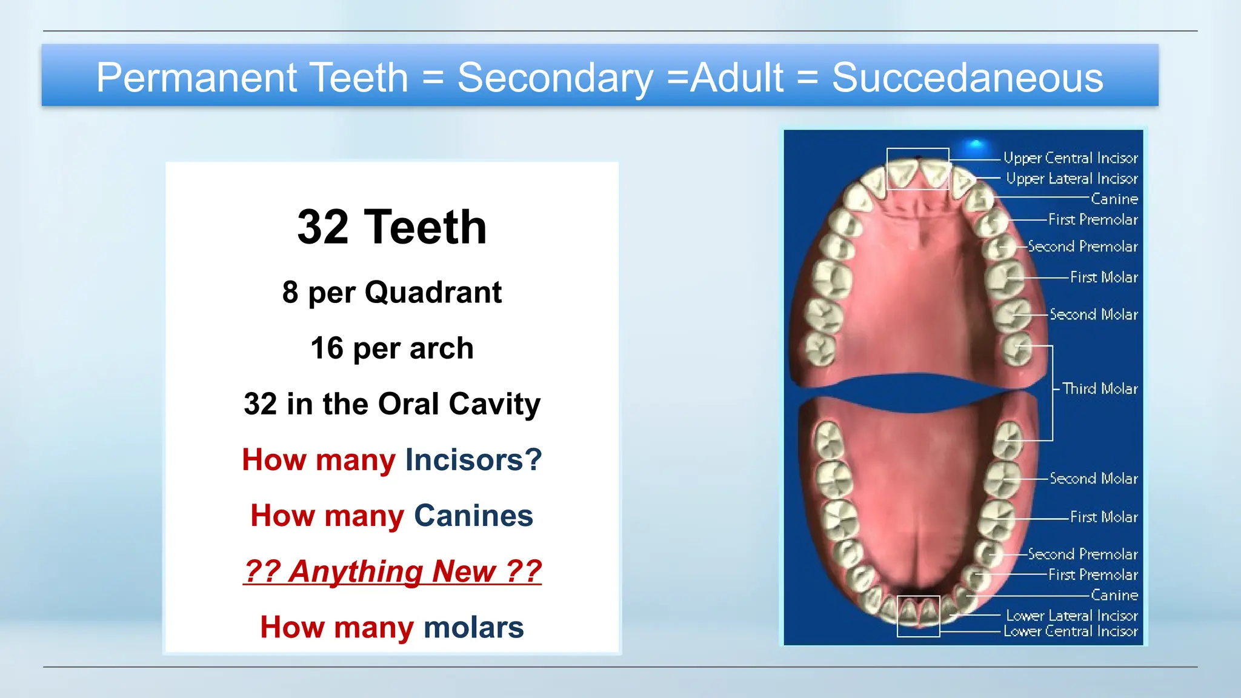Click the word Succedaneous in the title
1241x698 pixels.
967,78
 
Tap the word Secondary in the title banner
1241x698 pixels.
555,78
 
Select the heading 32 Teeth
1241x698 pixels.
392,227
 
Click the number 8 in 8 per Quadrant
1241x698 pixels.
290,292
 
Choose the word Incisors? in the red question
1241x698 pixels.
473,459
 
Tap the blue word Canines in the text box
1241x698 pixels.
473,516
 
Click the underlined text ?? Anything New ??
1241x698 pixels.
392,571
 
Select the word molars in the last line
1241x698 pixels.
473,627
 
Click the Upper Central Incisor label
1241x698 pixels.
1070,158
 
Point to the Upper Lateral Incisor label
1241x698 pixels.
1071,179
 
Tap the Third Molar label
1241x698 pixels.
1100,388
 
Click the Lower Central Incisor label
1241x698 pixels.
1070,631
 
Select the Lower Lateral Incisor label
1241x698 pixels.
1071,616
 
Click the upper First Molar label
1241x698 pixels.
1103,278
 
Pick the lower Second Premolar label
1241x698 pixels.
1083,554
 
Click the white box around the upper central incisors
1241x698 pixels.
917,168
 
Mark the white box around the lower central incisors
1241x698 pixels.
918,616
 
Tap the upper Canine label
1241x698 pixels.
1114,199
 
